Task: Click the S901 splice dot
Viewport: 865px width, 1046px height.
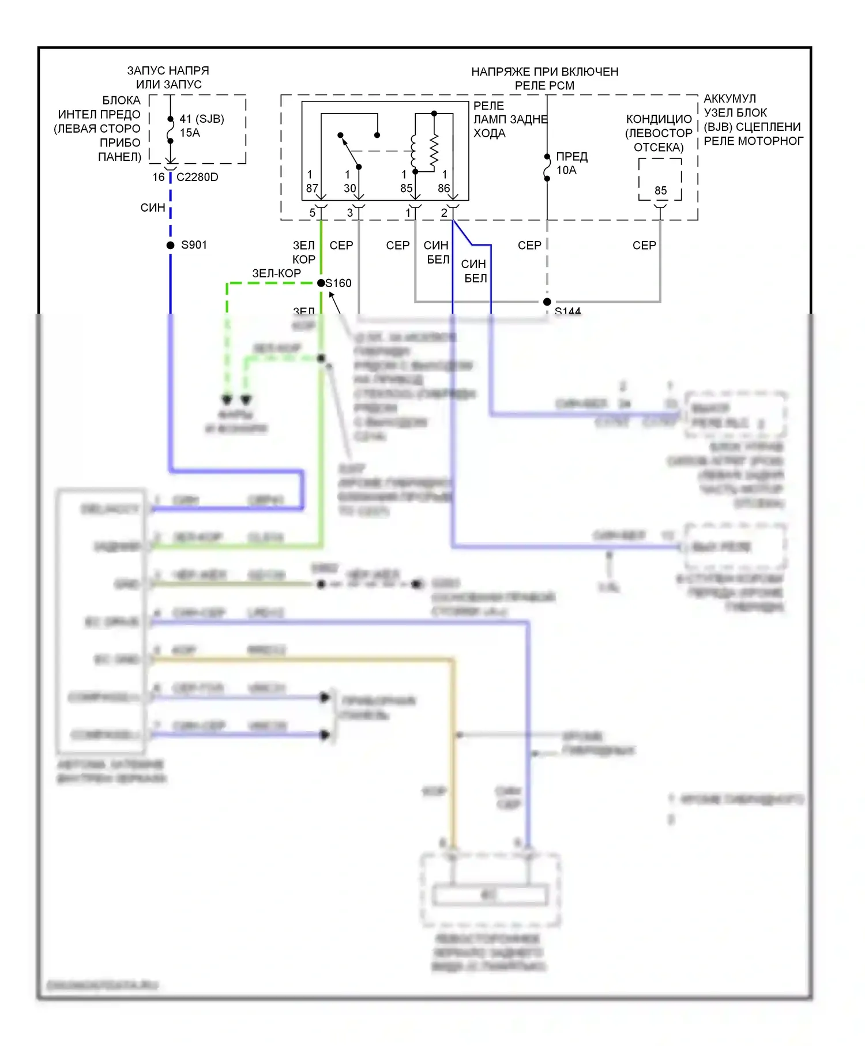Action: [171, 245]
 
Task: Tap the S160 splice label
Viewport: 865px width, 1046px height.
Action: [339, 283]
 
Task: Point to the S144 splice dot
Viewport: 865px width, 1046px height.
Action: [547, 302]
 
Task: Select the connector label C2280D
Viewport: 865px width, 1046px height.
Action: [197, 177]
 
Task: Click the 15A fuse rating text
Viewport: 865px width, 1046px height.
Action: [190, 133]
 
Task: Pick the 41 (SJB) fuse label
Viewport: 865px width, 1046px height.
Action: [202, 119]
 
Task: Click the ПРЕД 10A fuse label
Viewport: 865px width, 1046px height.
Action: [571, 163]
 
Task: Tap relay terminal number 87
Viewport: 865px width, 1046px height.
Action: [312, 188]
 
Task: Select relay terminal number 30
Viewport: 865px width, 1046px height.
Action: [350, 188]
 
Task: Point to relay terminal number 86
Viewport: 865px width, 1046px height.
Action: [443, 188]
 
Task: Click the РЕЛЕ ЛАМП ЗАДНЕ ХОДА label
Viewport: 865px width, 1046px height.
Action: [510, 119]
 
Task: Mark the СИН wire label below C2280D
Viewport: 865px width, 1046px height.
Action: [153, 208]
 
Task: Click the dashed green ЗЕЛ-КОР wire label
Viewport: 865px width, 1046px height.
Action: [276, 273]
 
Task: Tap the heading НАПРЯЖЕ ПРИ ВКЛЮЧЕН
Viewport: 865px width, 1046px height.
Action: [545, 72]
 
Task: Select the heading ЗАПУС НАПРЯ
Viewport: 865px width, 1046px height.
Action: [168, 70]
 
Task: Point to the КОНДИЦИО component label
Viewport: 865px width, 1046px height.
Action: [659, 119]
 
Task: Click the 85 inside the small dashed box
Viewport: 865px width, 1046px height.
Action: [660, 190]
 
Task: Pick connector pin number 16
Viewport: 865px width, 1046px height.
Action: [159, 177]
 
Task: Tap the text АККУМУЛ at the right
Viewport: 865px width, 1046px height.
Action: [729, 99]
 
